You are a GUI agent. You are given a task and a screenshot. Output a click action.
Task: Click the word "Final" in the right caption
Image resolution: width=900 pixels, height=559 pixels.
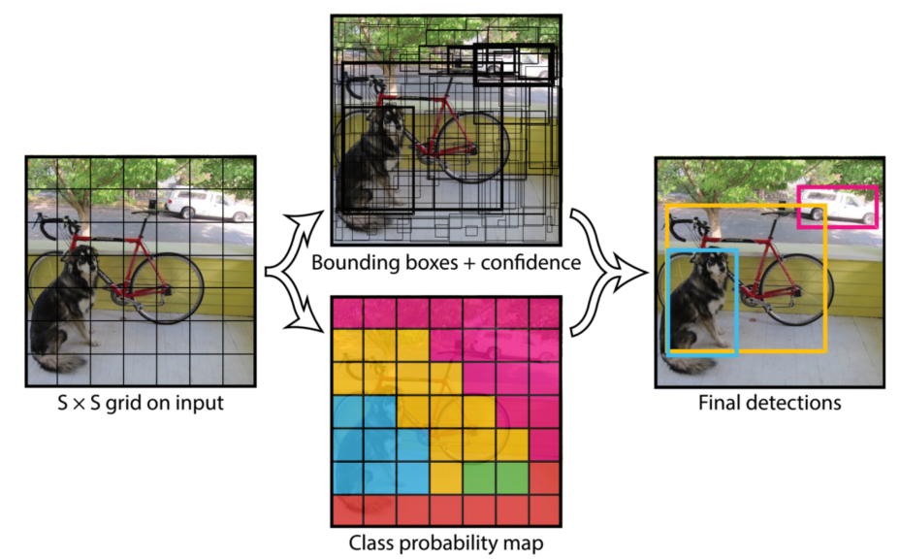coord(719,401)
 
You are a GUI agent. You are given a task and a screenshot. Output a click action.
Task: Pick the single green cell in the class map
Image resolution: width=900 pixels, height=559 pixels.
coord(477,476)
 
